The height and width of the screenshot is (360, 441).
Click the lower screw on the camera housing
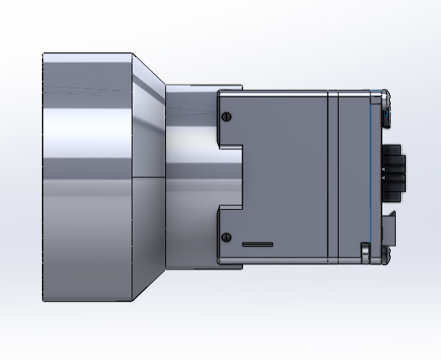point(226,237)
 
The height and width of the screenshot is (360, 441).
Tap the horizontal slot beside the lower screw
point(257,244)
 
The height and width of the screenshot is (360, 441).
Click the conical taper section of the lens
point(148,177)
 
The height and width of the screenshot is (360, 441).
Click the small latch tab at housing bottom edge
point(365,251)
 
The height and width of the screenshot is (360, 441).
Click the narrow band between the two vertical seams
point(332,177)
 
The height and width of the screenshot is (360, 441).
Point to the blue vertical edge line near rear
point(371,177)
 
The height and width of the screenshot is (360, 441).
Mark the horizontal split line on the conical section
point(148,178)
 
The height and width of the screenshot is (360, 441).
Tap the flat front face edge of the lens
point(44,177)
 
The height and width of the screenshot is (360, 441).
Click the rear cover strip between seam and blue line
point(354,177)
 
